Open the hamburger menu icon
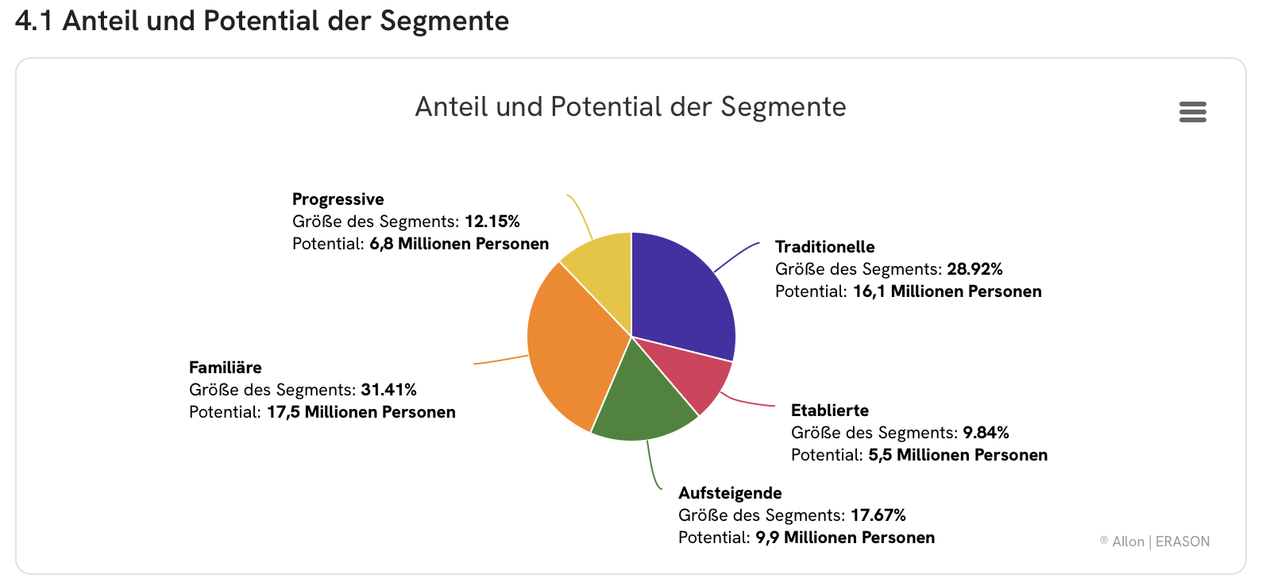tap(1192, 112)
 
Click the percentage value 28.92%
tap(975, 269)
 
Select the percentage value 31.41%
tap(388, 390)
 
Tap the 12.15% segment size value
tap(492, 222)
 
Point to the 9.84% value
tap(986, 433)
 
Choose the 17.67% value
tap(878, 515)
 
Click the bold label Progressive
tap(338, 199)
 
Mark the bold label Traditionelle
tap(824, 247)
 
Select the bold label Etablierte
tap(829, 411)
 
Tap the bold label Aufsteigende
tap(730, 493)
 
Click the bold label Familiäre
tap(225, 368)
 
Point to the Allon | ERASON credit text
tap(1160, 542)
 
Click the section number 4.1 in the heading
tap(33, 21)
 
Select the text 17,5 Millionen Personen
tap(361, 412)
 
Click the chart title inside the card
tap(631, 107)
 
